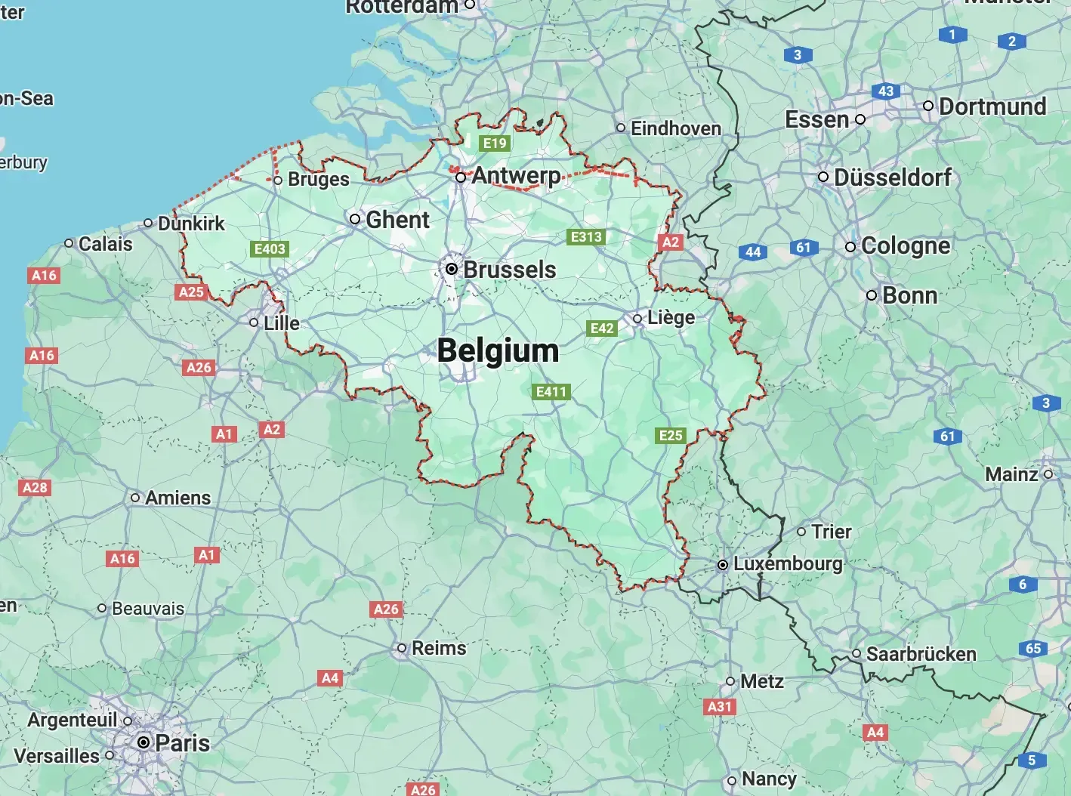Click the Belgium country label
click(498, 351)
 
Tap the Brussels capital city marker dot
click(452, 269)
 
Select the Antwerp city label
click(516, 176)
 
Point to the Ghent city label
click(397, 220)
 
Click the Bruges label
click(318, 180)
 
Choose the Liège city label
click(671, 318)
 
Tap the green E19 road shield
click(495, 143)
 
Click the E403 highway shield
click(270, 248)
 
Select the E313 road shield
click(586, 237)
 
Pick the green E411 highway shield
click(551, 391)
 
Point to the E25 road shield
click(671, 435)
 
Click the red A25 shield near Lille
click(191, 292)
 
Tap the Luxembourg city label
click(788, 564)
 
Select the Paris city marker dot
click(144, 742)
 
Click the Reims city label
click(439, 648)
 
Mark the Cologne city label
click(906, 246)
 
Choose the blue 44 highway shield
click(753, 251)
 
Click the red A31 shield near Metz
click(720, 707)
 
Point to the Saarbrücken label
click(921, 654)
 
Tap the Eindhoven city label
click(675, 128)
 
